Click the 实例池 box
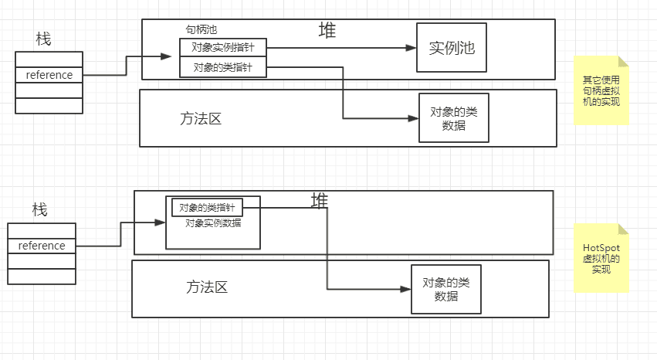[452, 48]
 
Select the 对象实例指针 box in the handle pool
[222, 47]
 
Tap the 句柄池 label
[202, 29]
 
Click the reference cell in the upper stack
[49, 75]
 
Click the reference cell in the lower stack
[42, 246]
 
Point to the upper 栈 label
[43, 39]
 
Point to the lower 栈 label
[39, 209]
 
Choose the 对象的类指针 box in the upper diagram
[222, 67]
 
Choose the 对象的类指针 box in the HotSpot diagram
[206, 207]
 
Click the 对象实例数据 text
[212, 223]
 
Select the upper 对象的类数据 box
[454, 117]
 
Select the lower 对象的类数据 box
[446, 289]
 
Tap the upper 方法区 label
[201, 119]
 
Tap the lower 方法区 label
[207, 287]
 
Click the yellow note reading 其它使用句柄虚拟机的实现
[601, 91]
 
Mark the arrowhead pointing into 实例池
[412, 48]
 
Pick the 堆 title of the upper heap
[327, 31]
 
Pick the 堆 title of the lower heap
[319, 201]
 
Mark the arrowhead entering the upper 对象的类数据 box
[414, 118]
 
